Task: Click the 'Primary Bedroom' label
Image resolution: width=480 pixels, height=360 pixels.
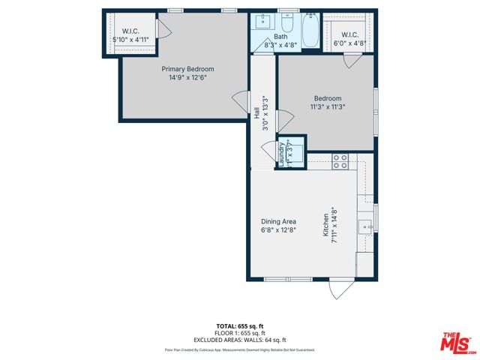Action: coord(182,69)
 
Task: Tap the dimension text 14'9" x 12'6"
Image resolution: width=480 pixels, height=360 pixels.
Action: coord(182,77)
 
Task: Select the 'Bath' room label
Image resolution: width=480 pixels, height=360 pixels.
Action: coord(280,36)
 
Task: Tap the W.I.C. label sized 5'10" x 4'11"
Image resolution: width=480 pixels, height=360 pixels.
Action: coord(121,31)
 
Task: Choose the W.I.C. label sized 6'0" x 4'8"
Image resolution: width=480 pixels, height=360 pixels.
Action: coord(349,35)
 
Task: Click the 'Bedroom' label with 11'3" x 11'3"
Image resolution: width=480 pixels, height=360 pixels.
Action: coord(328,99)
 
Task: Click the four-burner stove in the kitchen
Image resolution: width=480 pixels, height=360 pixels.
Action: coord(340,159)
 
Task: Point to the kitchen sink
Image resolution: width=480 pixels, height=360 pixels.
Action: coord(365,223)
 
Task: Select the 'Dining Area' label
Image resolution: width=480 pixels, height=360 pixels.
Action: coord(278,221)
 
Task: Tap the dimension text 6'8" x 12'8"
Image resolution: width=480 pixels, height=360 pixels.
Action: coord(278,230)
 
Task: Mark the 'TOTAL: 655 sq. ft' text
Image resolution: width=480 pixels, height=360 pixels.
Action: coord(240,325)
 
